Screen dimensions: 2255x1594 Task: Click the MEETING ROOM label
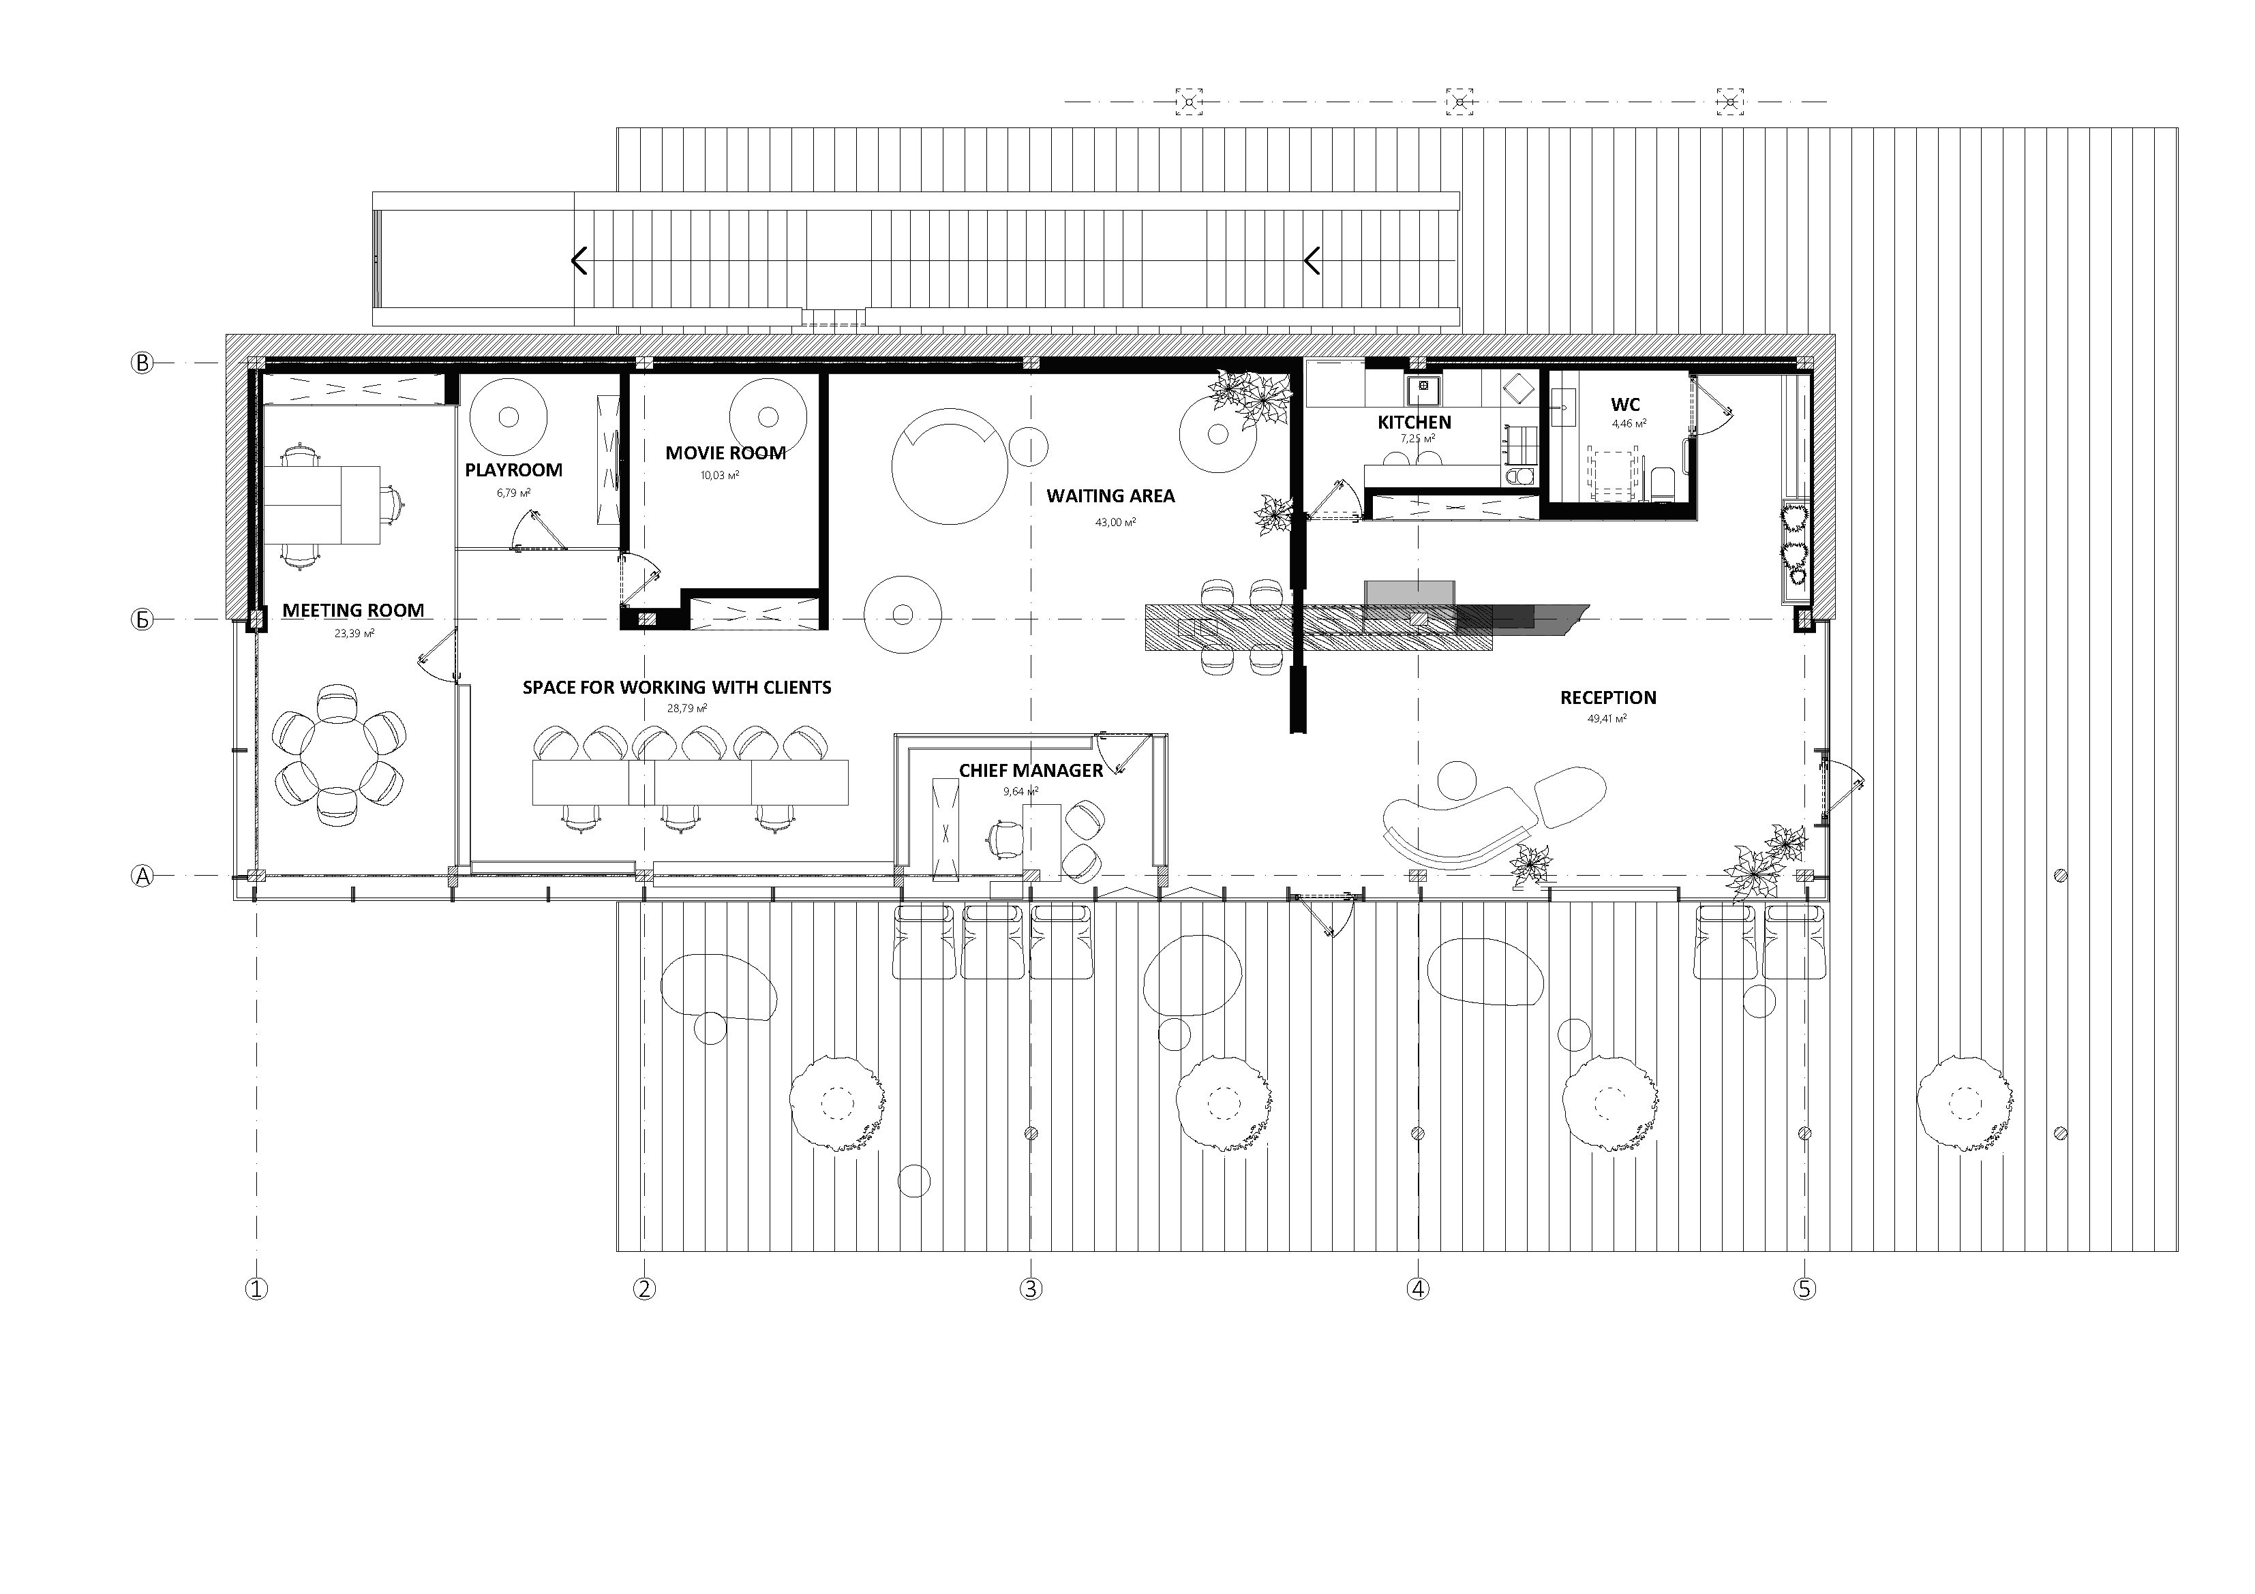tap(354, 611)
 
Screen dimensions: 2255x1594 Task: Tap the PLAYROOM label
tap(514, 470)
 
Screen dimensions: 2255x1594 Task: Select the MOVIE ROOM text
tap(726, 453)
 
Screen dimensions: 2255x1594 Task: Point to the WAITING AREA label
tap(1111, 496)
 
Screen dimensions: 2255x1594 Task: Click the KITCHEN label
tap(1414, 423)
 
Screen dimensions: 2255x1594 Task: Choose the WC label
tap(1625, 405)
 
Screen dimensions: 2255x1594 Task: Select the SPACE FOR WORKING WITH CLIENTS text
tap(677, 688)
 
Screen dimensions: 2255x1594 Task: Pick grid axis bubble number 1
tap(256, 1289)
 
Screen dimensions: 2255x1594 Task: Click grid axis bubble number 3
tap(1030, 1289)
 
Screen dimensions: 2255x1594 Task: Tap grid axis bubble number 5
tap(1805, 1289)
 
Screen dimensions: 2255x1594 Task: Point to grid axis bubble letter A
tap(143, 876)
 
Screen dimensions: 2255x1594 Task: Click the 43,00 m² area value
tap(1116, 523)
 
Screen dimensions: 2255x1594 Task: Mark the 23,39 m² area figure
tap(354, 634)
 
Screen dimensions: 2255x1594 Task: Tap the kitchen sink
tap(1421, 390)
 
